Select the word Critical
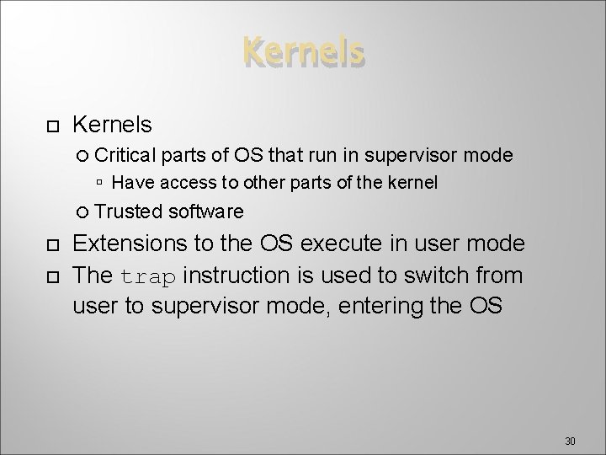[128, 155]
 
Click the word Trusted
[130, 211]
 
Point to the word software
[207, 211]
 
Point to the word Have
[128, 182]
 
